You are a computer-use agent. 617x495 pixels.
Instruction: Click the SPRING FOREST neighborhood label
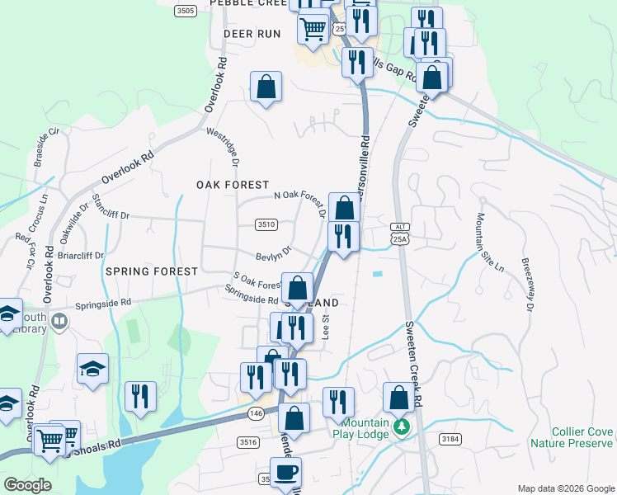click(151, 271)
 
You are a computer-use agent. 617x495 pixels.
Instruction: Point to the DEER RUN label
click(252, 34)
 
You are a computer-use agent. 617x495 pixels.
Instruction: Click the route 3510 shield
click(266, 224)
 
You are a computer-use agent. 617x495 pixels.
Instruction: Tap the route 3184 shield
click(450, 438)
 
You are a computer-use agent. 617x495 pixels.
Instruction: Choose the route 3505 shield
click(186, 11)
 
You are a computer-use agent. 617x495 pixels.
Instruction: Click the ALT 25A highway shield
click(400, 234)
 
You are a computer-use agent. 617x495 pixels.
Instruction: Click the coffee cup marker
click(285, 473)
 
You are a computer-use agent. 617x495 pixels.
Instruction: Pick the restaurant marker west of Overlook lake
click(140, 396)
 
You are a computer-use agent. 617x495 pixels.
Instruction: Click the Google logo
click(27, 484)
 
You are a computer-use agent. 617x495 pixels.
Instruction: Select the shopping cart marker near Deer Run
click(313, 29)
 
